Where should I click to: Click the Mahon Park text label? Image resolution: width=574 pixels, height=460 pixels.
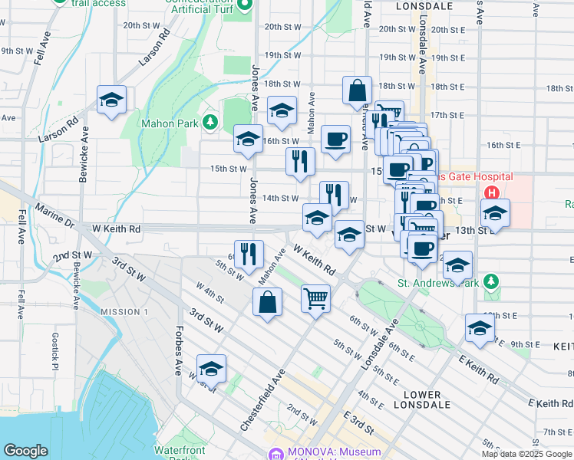(x=168, y=123)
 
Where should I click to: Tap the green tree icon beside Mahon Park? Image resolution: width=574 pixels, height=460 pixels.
(x=209, y=122)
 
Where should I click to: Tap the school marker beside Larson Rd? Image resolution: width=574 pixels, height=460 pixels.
(x=112, y=100)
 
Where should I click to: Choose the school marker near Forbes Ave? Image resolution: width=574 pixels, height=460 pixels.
(x=211, y=370)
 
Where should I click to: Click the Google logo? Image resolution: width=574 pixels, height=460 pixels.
(x=25, y=451)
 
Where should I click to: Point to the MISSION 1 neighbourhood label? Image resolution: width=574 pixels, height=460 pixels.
(x=124, y=311)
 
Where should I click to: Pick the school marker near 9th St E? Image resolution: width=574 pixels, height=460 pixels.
(x=480, y=329)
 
